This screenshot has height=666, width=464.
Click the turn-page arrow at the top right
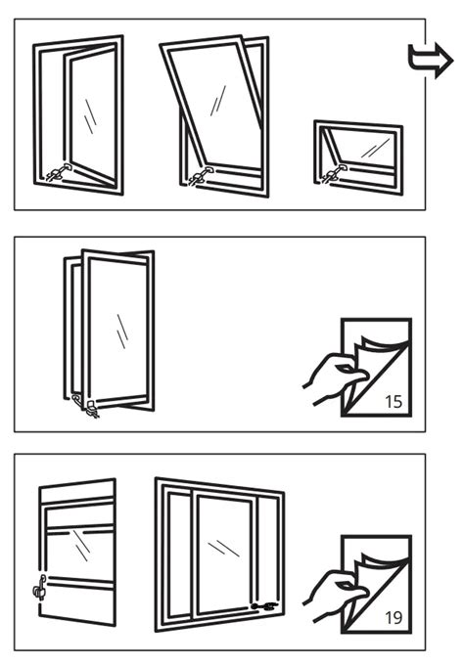pos(431,61)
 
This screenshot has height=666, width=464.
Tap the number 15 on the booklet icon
pos(394,401)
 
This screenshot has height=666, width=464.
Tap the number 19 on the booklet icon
pos(394,618)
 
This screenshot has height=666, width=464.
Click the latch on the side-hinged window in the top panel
pos(59,172)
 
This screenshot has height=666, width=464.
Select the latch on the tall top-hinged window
pos(201,176)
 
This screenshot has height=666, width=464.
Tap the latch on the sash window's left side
pos(40,588)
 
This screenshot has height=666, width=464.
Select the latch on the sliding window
pos(264,606)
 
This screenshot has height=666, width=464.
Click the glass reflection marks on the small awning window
pos(375,148)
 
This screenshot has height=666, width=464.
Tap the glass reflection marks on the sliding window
pos(223,548)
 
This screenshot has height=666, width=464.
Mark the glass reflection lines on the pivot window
pos(122,332)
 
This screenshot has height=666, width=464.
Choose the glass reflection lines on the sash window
pos(80,546)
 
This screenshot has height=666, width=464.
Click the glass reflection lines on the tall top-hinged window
pos(217,101)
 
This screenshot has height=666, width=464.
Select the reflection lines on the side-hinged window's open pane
pos(90,116)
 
